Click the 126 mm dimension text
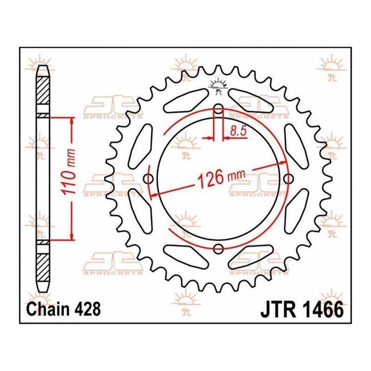(221, 178)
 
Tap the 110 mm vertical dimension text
(68, 172)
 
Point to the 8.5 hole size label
(238, 131)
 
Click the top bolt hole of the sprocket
(218, 109)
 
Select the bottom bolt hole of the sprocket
(218, 249)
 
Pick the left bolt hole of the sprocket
(148, 179)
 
